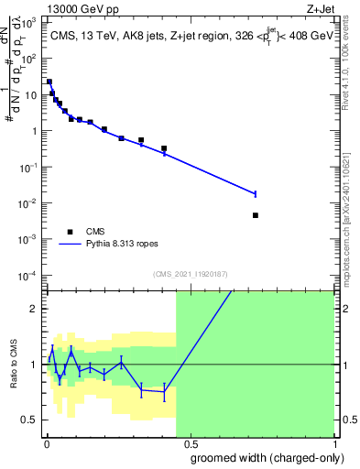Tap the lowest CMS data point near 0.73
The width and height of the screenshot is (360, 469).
(x=255, y=215)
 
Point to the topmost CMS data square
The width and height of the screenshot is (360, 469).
(x=49, y=82)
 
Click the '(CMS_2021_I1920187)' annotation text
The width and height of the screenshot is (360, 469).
(x=190, y=274)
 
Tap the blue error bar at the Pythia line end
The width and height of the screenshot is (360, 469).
(x=255, y=193)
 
